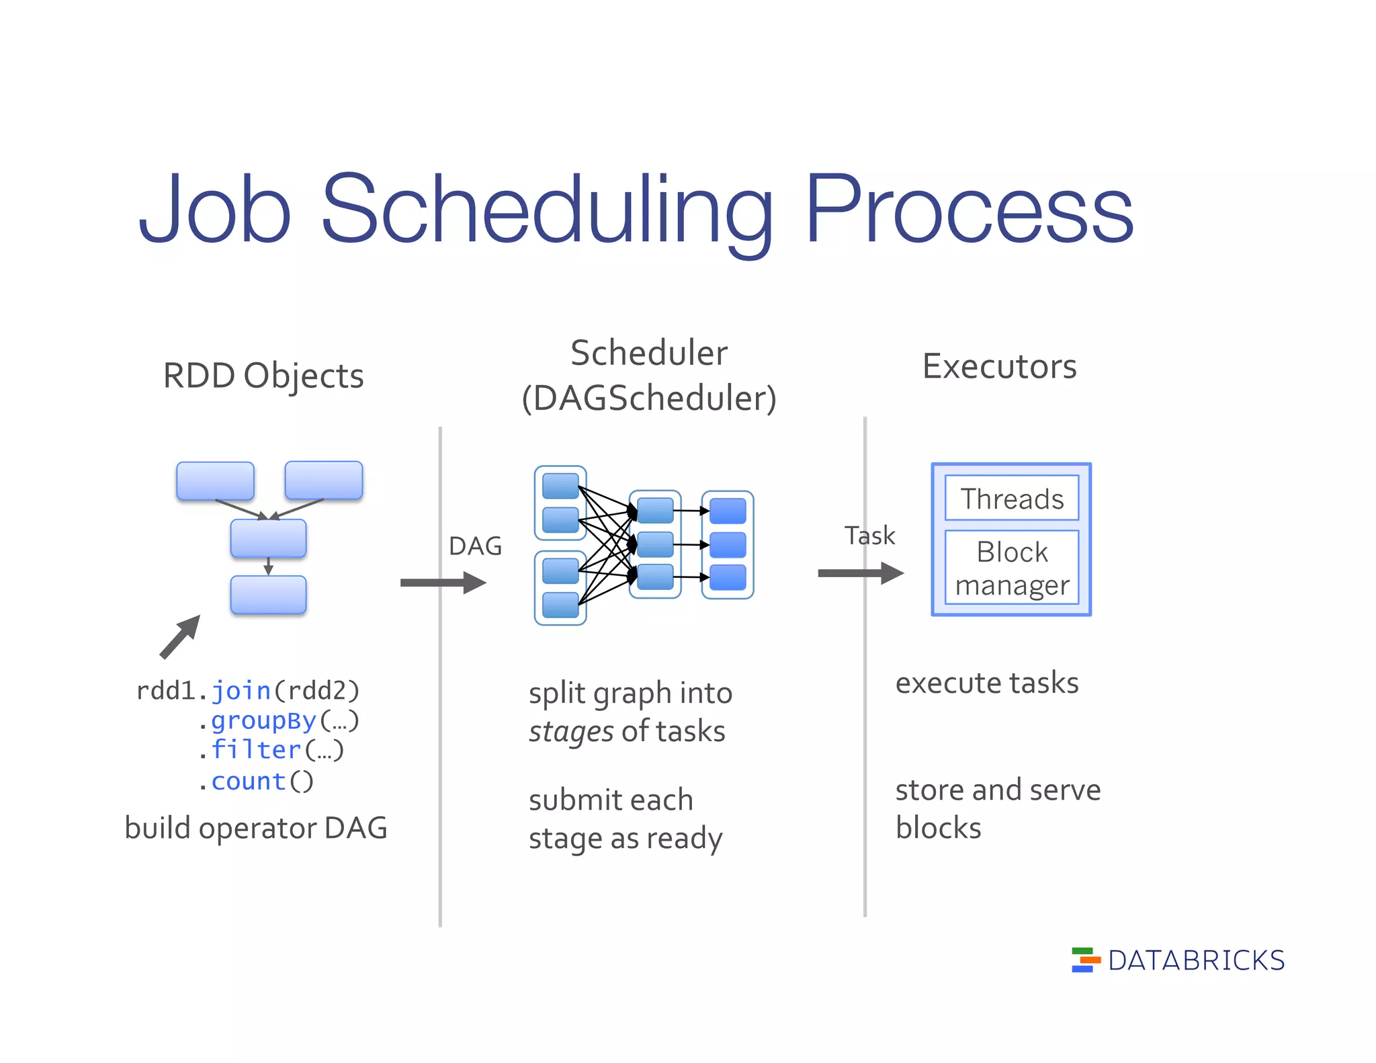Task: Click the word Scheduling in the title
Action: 548,210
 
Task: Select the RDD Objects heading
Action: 263,376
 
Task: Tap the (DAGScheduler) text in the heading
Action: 649,398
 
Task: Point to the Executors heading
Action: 999,367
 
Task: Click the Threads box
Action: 1011,499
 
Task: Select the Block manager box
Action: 1011,568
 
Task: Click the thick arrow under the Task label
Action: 860,573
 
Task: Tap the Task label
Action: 869,536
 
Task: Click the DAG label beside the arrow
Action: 475,546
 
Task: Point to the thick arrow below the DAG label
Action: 443,583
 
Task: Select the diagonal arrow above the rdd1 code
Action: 180,636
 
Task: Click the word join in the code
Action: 241,691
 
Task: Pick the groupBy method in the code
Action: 263,720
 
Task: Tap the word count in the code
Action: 249,781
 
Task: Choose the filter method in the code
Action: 256,750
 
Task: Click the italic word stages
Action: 570,732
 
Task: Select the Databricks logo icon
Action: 1085,960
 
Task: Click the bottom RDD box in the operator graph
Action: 268,595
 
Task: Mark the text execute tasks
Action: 986,683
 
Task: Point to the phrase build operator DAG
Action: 256,828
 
